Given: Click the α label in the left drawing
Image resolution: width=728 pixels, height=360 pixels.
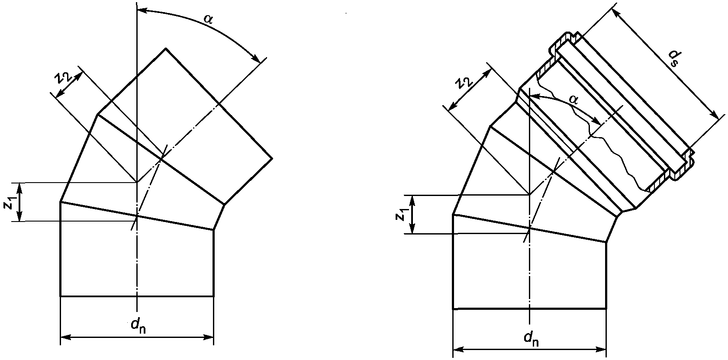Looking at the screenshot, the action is click(x=208, y=19).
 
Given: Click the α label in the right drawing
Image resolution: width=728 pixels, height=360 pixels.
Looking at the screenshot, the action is click(x=574, y=100).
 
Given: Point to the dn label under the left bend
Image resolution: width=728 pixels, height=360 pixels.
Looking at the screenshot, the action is click(x=139, y=326).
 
